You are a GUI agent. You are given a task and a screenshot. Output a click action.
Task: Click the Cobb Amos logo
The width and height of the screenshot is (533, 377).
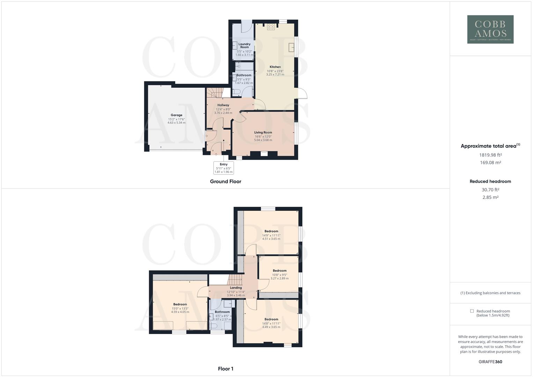coord(490,29)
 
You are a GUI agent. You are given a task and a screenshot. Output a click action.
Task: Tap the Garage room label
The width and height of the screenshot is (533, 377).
coord(176,115)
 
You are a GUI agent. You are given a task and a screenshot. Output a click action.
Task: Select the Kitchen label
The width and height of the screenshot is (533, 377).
coord(275,67)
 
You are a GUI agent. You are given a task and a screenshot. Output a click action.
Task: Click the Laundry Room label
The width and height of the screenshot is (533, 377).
coord(244,46)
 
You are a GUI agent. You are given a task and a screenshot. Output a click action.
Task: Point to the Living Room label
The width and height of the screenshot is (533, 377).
coord(263,133)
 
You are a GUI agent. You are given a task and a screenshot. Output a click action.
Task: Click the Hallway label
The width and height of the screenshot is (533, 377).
coord(223,105)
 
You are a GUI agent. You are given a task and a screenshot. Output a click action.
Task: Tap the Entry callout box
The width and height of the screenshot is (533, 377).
coord(223,168)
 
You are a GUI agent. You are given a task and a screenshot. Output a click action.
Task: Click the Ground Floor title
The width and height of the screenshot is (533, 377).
coord(225,182)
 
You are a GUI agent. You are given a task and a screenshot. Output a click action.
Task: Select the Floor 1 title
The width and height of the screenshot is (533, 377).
coord(225,369)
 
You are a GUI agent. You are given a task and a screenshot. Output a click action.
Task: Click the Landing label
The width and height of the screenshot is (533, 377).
coord(236,288)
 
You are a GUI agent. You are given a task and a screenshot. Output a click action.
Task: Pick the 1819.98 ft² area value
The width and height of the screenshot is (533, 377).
coord(490,155)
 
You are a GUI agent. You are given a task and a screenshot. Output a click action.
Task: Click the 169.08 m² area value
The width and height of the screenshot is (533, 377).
coord(490,163)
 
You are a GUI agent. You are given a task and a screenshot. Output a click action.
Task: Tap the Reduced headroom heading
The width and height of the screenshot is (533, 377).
coord(490,182)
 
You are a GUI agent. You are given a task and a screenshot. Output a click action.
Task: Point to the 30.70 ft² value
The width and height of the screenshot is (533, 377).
coord(490,190)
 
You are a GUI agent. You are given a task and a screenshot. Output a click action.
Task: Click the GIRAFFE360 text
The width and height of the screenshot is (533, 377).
coord(490,362)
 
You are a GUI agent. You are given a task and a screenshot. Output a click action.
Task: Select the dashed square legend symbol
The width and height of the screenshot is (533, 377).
coord(472,311)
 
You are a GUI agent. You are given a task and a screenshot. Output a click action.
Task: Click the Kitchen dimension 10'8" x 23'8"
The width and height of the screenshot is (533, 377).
coord(275,71)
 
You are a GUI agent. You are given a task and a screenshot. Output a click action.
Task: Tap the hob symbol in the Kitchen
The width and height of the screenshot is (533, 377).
coord(271,27)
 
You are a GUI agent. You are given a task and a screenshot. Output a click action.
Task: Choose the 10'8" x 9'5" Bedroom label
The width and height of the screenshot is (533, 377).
coord(279,275)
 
